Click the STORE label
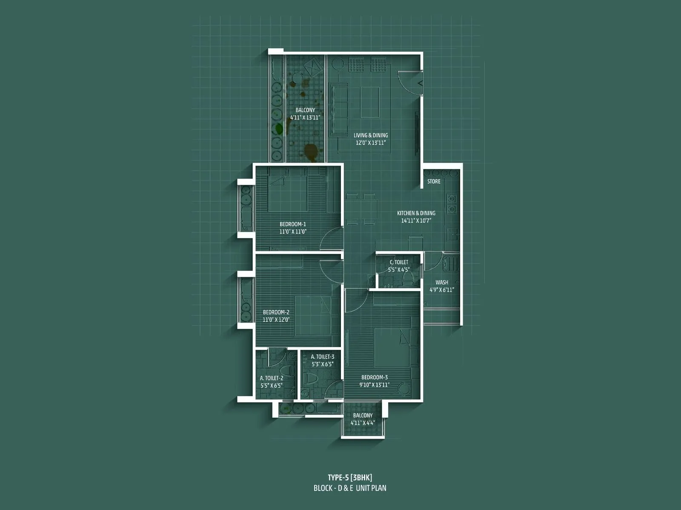point(434,181)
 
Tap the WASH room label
point(442,282)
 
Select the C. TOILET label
point(399,262)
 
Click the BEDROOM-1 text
point(293,224)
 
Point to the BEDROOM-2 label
point(276,312)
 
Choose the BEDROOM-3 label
point(375,377)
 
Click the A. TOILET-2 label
point(272,378)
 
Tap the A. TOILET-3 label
point(323,357)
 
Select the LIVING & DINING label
point(371,136)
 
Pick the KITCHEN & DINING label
point(416,213)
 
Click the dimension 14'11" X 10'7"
point(416,221)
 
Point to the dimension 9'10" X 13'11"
point(375,385)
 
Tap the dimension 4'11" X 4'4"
point(363,423)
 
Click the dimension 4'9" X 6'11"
point(442,290)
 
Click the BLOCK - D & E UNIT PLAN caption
point(350,488)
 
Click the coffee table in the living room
point(369,102)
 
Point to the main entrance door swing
point(408,82)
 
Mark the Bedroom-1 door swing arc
point(330,238)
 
